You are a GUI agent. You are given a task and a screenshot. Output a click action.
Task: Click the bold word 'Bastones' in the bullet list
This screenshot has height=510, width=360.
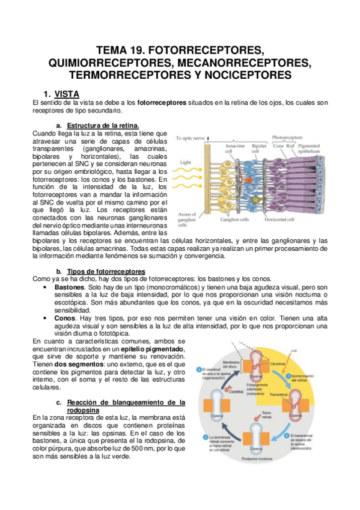69,287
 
